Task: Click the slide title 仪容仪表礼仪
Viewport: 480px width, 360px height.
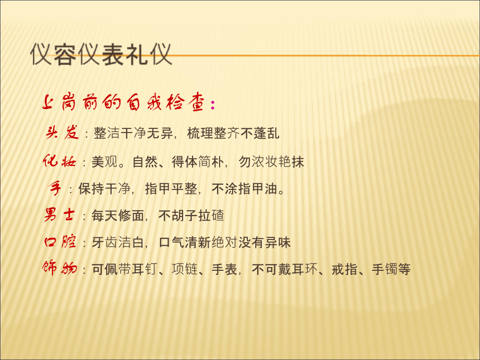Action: tap(101, 54)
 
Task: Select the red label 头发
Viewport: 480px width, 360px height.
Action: tap(62, 133)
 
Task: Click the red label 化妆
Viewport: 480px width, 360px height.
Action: tap(59, 162)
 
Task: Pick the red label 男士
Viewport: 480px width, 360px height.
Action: tap(58, 215)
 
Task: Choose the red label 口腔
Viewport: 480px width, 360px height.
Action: tap(58, 242)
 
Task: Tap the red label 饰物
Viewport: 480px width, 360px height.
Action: tap(59, 269)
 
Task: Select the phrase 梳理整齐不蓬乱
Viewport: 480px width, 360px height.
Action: tap(233, 134)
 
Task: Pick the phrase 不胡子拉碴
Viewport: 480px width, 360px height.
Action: tap(191, 215)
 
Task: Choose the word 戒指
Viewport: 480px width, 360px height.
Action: tap(345, 270)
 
